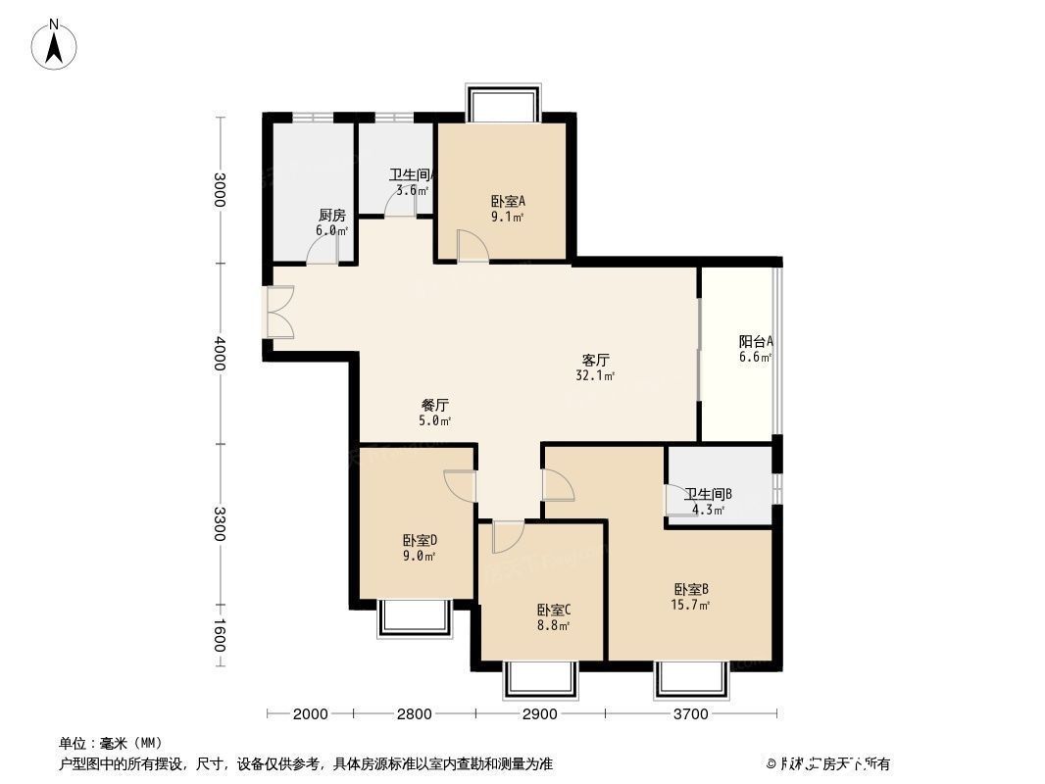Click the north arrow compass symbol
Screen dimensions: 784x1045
pyautogui.click(x=56, y=45)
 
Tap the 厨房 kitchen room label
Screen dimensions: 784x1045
pyautogui.click(x=331, y=216)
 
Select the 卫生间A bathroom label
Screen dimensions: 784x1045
pyautogui.click(x=411, y=176)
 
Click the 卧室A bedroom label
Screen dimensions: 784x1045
pyautogui.click(x=508, y=202)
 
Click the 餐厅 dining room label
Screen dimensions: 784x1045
pyautogui.click(x=435, y=405)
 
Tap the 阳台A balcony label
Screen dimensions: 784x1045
pyautogui.click(x=756, y=342)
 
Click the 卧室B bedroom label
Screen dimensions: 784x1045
pyautogui.click(x=691, y=589)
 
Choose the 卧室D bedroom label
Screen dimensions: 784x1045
pyautogui.click(x=419, y=540)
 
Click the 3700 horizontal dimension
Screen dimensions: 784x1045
pyautogui.click(x=690, y=714)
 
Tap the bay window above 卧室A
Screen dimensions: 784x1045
pyautogui.click(x=503, y=103)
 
